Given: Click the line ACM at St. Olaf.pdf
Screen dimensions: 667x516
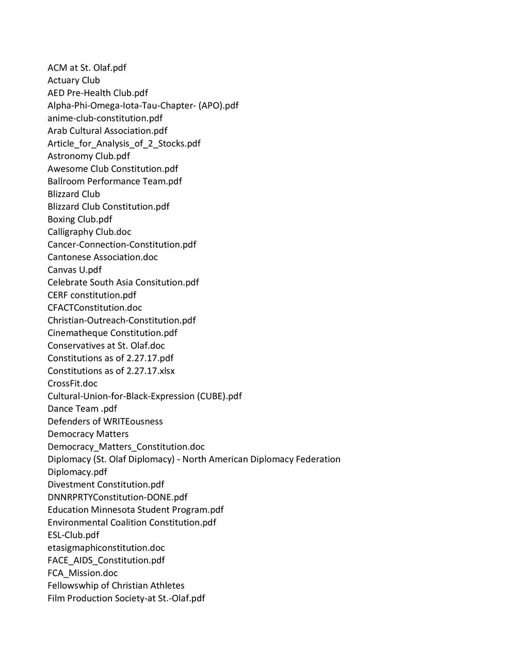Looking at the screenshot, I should pos(87,68).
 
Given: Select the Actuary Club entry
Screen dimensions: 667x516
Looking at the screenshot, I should pos(74,80).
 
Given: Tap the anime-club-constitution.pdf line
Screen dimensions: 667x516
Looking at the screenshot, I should pos(105,118).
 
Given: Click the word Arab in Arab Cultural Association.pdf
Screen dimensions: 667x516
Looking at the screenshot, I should pos(56,131).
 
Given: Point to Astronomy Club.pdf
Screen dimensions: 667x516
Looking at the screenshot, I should pos(89,156).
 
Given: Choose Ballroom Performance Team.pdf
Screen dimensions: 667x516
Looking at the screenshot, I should pos(115,181).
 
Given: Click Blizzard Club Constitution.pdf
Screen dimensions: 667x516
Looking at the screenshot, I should pos(108,207).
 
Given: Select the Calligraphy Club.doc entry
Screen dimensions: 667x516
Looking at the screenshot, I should pos(89,232).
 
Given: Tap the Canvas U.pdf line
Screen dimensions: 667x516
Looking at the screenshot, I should pos(74,270).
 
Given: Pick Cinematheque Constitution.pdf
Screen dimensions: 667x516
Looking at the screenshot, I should pos(112,333).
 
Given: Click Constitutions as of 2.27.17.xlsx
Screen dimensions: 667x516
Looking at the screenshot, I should pos(111,371).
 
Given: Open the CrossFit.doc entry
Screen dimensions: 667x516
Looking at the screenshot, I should pos(72,383).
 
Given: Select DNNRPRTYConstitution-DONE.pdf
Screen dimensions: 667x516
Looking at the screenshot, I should pos(117,497).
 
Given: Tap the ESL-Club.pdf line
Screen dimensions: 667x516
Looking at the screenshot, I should pos(73,535).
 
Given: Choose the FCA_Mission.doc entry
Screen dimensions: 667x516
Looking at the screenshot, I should pos(83,573).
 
